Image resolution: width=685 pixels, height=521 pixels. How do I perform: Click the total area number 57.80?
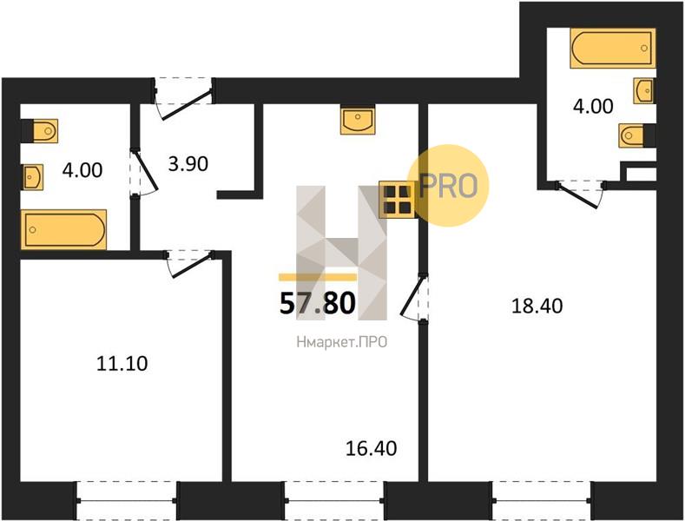317,304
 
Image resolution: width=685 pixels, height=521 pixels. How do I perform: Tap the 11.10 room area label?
122,364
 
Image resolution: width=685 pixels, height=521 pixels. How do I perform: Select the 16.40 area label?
372,448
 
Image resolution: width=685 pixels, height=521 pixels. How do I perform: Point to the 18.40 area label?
537,306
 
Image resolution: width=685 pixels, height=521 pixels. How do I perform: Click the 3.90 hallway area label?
188,164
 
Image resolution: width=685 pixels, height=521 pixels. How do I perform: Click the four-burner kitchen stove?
397,200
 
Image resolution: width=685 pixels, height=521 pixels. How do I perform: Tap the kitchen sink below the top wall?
358,119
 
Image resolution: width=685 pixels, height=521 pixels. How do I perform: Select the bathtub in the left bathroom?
63,229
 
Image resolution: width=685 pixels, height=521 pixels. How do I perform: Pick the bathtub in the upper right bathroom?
612,48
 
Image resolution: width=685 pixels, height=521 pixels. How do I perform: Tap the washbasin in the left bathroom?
33,177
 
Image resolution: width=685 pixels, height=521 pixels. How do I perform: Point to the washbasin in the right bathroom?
644,91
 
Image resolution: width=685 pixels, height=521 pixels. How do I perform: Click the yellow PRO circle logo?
448,186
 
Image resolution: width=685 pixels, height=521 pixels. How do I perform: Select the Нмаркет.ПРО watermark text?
341,342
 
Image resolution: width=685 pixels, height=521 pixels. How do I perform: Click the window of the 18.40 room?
542,501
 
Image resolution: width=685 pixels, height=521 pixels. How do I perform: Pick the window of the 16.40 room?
334,501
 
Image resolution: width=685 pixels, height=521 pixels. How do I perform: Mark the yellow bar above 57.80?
318,277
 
